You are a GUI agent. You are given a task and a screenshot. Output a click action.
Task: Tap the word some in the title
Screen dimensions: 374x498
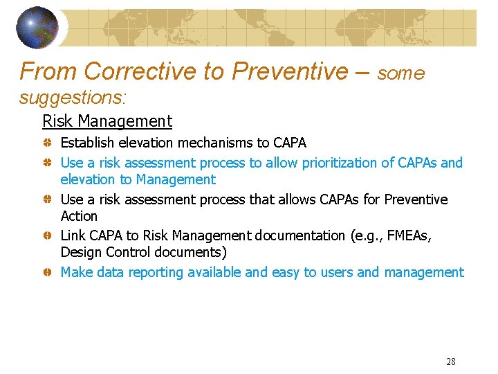(401, 73)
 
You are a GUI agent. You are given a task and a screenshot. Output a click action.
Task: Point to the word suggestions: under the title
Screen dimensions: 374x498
(73, 98)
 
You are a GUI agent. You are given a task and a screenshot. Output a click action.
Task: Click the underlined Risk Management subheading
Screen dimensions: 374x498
(107, 121)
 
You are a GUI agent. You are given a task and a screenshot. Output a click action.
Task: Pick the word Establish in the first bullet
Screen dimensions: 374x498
(88, 143)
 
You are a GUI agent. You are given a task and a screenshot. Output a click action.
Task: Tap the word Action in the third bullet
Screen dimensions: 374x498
(79, 216)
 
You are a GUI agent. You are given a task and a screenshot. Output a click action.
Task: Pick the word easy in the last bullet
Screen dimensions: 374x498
(286, 272)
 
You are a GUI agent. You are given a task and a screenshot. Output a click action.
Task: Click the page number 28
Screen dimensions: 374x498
(451, 362)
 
